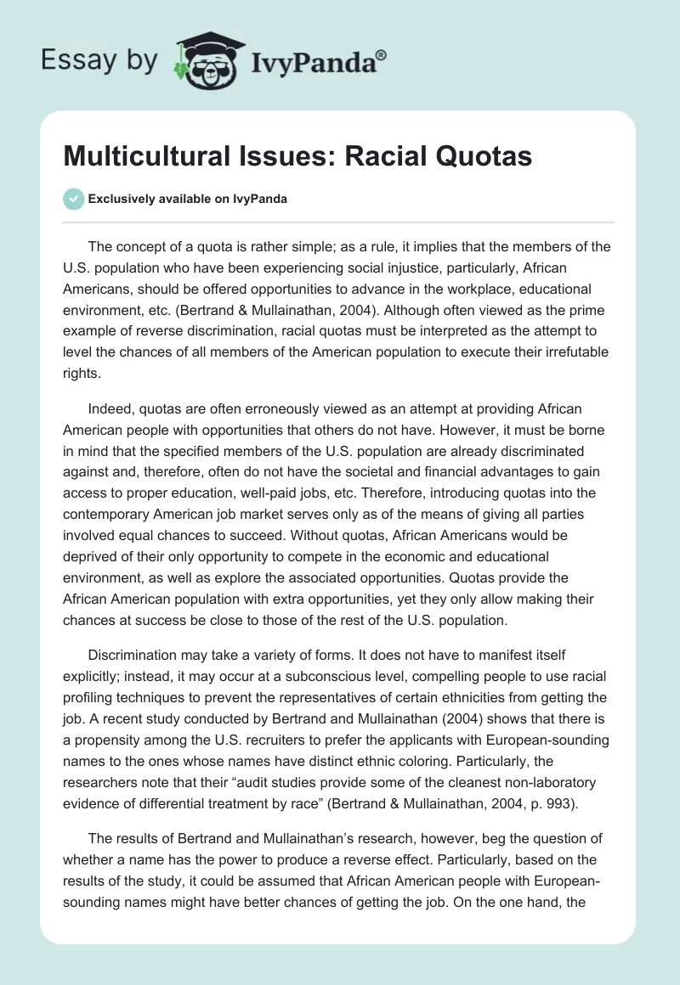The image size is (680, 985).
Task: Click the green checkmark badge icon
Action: click(73, 199)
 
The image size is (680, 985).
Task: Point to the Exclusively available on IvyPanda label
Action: click(187, 199)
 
